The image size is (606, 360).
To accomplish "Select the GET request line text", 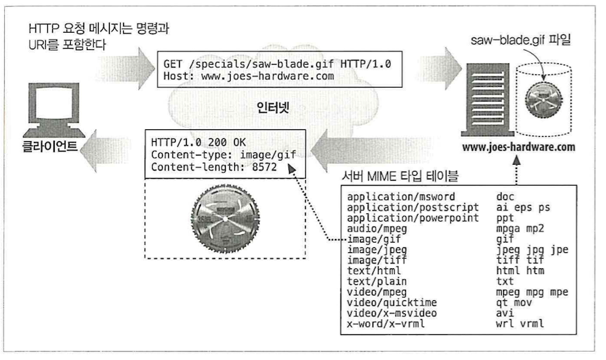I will point(277,63).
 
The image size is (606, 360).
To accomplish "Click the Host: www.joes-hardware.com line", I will point(249,76).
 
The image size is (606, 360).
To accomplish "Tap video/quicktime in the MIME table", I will point(395,302).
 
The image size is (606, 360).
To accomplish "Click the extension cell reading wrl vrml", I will point(521,322).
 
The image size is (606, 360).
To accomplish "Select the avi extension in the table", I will point(505,312).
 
